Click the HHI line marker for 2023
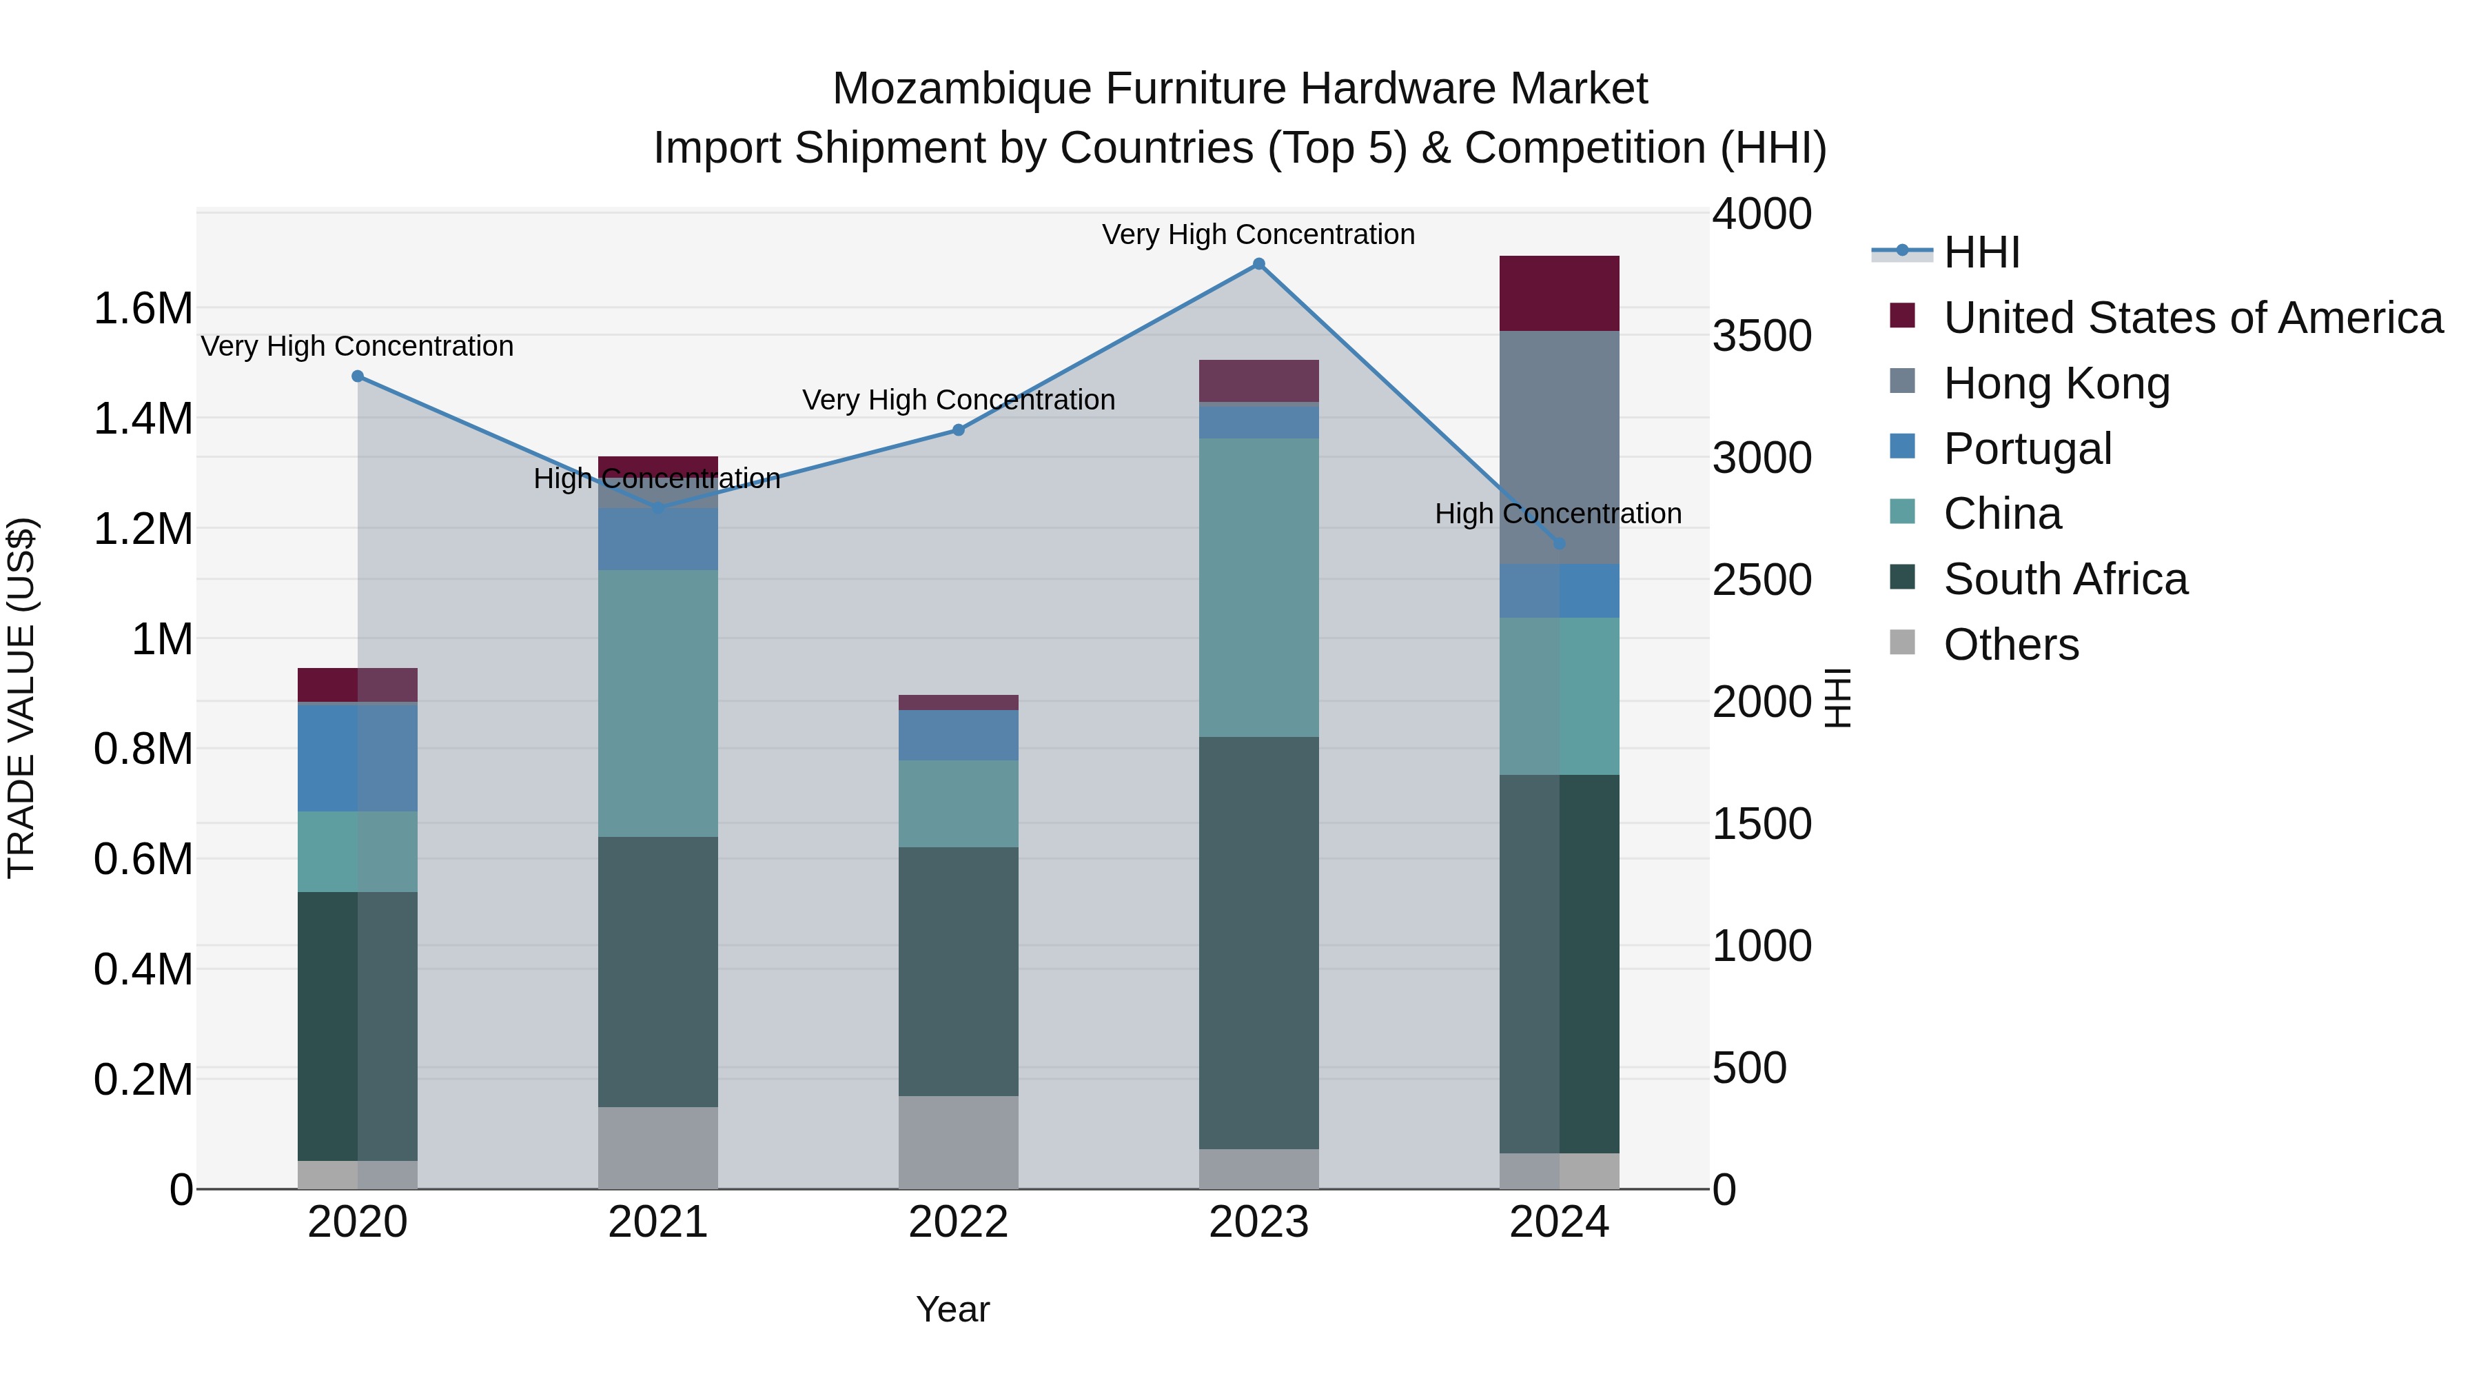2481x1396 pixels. pos(1259,264)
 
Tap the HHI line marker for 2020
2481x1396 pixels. pos(357,376)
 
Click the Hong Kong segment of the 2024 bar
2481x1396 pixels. pos(1560,448)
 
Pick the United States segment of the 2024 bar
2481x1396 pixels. pos(1560,294)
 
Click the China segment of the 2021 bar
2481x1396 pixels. pos(658,703)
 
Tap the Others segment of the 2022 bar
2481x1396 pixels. pos(959,1142)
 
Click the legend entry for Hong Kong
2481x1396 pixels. pos(2056,383)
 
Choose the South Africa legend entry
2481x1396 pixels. pos(2065,580)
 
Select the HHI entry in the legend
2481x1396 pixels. pos(1981,252)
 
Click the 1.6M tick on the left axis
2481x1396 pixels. pos(143,310)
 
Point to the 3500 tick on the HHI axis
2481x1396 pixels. pos(1762,336)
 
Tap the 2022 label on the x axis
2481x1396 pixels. pos(959,1222)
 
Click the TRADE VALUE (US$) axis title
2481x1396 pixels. pos(22,698)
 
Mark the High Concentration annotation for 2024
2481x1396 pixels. pos(1558,514)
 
